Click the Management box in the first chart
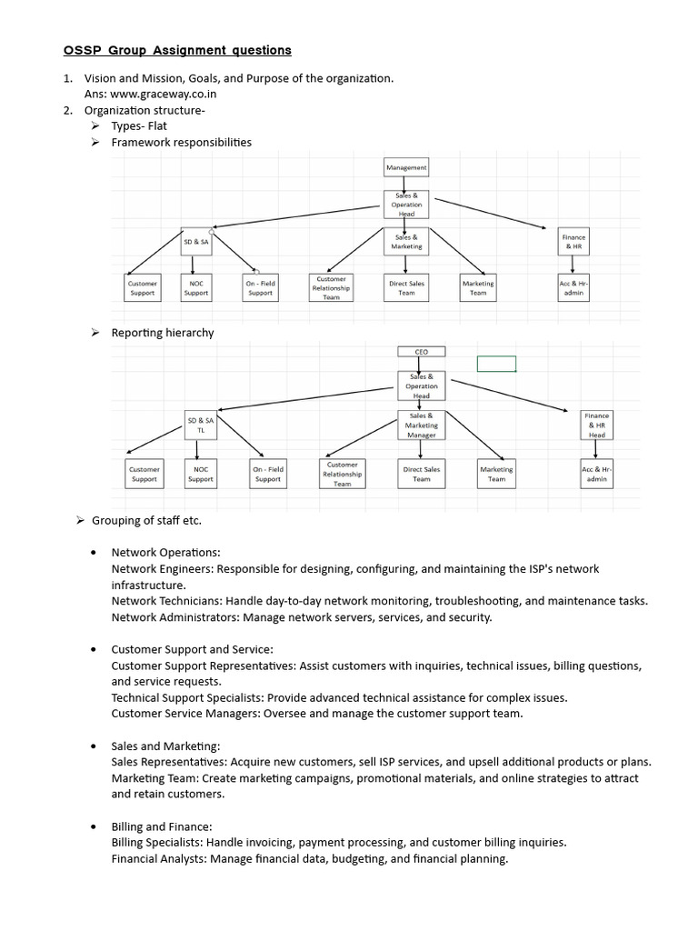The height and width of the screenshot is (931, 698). point(406,167)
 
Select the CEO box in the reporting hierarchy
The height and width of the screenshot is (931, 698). point(421,352)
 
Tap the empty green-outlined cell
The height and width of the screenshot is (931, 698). point(496,364)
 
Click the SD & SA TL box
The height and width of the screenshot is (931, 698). point(200,425)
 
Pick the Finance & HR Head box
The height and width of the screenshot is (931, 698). point(596,425)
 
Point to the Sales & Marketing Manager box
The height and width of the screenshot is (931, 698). point(421,425)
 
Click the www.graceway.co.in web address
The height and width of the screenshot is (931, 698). point(164,93)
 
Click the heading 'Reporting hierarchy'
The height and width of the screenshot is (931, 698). point(163,333)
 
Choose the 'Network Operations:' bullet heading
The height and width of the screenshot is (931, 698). point(165,552)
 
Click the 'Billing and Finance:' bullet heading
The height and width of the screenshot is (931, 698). point(162,826)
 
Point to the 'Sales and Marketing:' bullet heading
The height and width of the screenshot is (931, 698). point(165,746)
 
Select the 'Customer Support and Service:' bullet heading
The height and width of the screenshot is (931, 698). point(192,649)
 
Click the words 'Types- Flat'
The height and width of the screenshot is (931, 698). point(139,125)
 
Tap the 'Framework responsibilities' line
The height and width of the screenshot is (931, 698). point(181,142)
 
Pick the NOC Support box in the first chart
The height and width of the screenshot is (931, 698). point(195,288)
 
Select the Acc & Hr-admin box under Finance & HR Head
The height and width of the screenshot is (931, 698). point(596,474)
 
